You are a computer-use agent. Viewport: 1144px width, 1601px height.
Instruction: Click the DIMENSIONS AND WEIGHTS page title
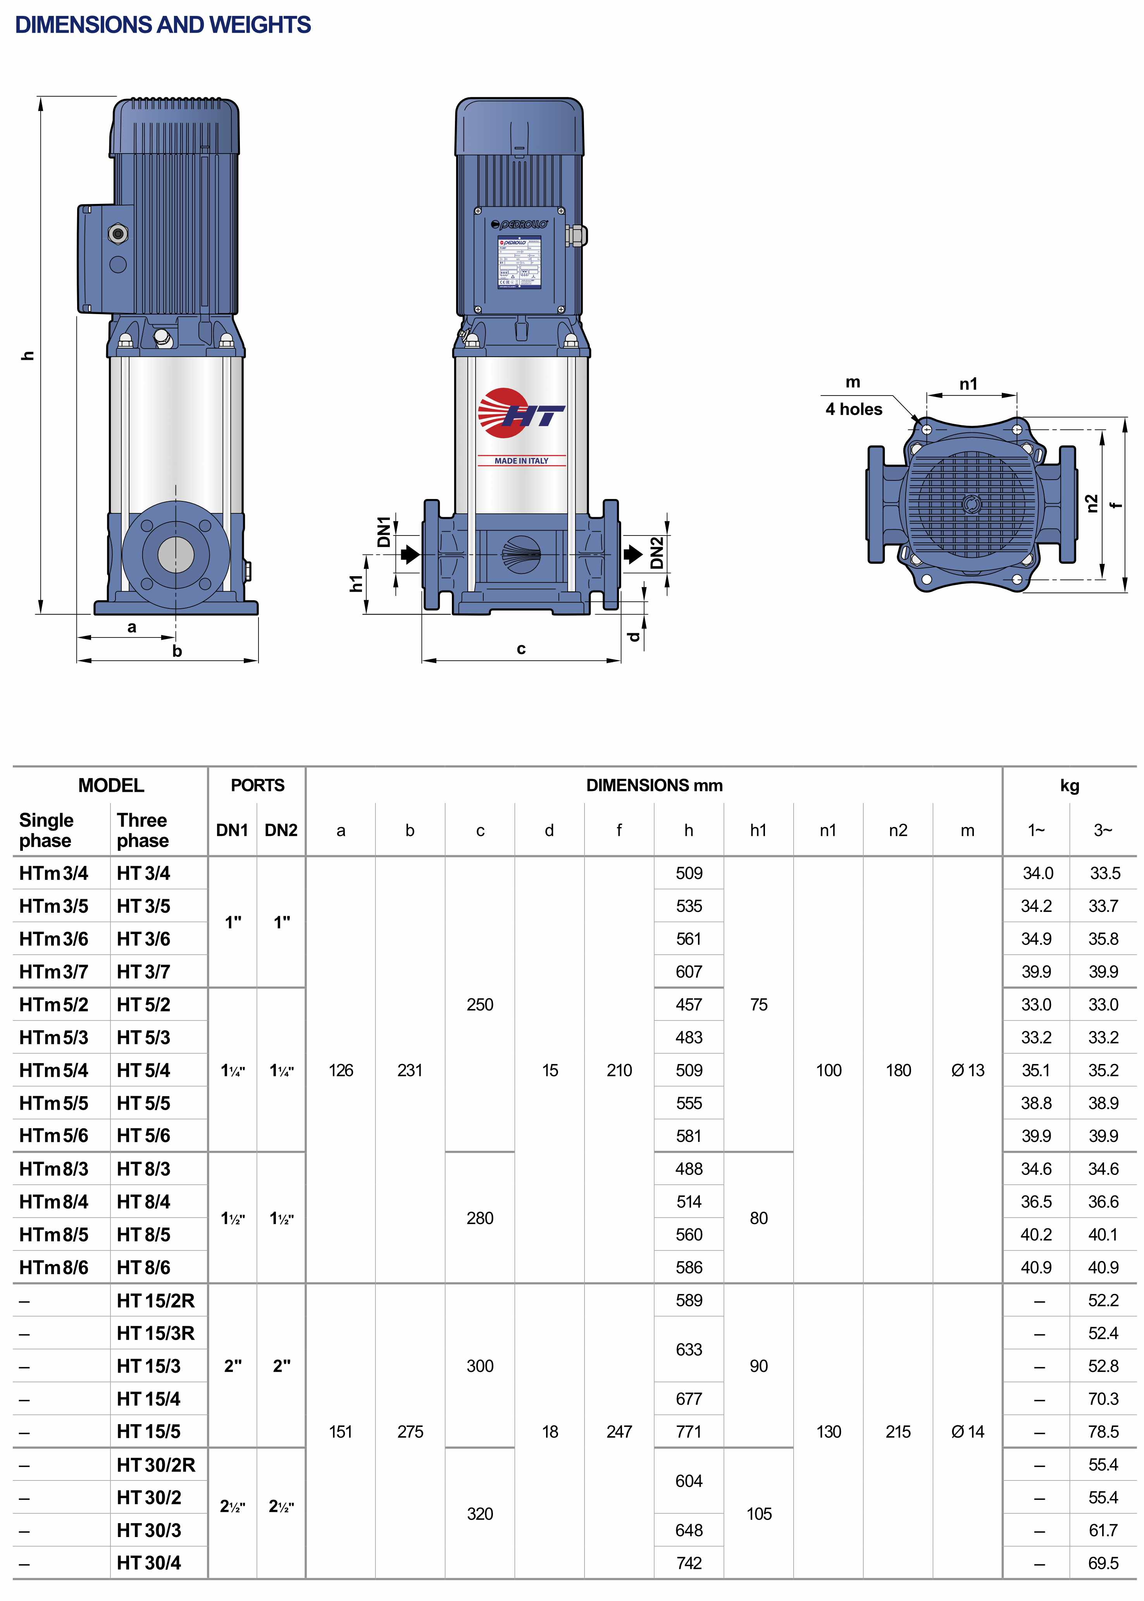[163, 25]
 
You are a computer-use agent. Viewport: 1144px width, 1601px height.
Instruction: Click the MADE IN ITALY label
[521, 461]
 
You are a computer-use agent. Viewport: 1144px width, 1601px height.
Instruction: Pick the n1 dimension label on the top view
[968, 384]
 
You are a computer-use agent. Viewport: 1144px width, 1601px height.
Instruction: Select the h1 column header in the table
[758, 830]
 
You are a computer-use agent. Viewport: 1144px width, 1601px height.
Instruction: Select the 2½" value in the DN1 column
[233, 1506]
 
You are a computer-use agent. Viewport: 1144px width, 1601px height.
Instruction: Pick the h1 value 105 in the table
[759, 1514]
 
